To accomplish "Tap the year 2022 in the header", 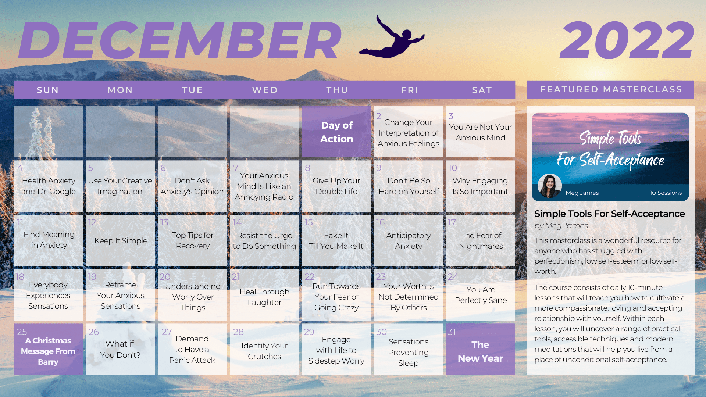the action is (627, 40).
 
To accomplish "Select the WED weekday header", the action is (265, 90).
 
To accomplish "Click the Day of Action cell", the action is (336, 132).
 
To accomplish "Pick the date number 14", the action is (237, 222).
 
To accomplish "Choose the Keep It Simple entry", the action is (121, 241).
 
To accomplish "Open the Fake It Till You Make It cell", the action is (336, 240).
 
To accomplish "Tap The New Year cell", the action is (481, 349).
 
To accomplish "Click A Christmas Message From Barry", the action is (48, 351).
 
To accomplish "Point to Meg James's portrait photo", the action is (550, 186).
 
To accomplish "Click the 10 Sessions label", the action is (666, 193).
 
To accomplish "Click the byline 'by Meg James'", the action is (561, 226).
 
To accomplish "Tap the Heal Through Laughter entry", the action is (264, 297).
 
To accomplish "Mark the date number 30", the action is (381, 332).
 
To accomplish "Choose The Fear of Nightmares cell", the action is (481, 240).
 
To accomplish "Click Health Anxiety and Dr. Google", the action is (49, 186).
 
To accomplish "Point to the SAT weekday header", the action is (482, 90).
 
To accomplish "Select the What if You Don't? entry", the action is (120, 349).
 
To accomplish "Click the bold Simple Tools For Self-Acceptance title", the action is (610, 214).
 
